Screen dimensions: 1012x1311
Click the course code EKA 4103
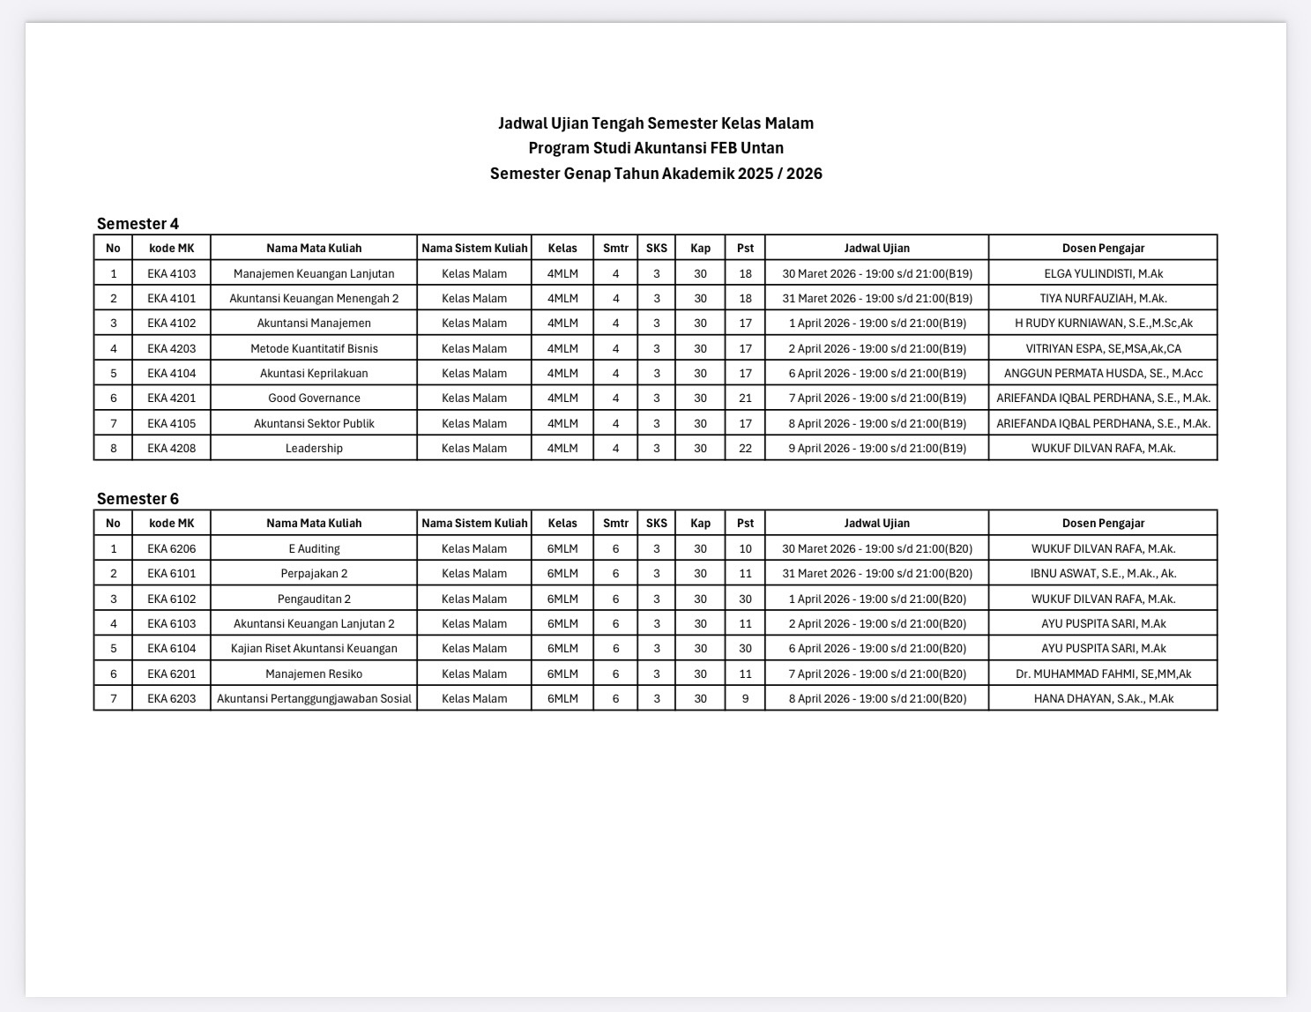(x=171, y=273)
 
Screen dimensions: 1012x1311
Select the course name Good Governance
(x=314, y=398)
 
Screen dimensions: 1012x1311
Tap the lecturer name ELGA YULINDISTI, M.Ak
(x=1103, y=273)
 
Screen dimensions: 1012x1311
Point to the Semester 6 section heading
(x=138, y=499)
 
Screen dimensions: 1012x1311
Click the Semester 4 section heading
(x=138, y=224)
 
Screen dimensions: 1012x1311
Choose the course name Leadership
(x=314, y=448)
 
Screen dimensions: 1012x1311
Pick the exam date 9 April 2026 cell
(x=876, y=448)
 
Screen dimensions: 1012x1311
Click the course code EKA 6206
(x=171, y=548)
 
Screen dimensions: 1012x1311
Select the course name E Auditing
(x=314, y=548)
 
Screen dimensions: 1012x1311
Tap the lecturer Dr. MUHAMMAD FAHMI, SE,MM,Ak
(x=1103, y=673)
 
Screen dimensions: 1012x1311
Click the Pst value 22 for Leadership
(x=745, y=448)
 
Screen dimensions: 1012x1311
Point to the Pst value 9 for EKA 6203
(x=745, y=698)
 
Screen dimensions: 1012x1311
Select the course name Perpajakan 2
(x=314, y=574)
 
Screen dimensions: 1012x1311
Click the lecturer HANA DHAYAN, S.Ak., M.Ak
(x=1103, y=698)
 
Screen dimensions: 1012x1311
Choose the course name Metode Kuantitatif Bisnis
(x=314, y=348)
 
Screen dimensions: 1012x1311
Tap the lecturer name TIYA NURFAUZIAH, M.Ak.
(x=1103, y=298)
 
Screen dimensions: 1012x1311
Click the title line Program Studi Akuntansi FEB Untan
(x=656, y=148)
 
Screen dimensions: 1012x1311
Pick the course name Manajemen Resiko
(x=314, y=673)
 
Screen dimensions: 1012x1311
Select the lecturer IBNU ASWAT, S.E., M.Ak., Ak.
(x=1103, y=574)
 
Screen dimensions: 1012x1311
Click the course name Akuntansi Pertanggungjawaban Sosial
(x=314, y=698)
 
